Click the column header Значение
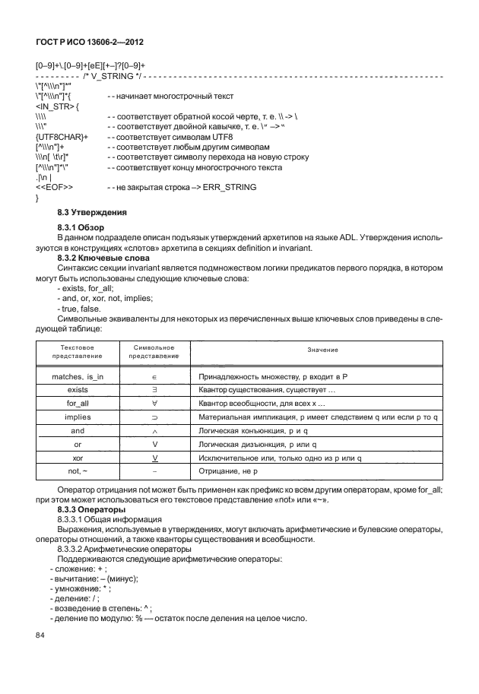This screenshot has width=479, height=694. [322, 349]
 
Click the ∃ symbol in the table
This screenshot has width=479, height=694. [154, 390]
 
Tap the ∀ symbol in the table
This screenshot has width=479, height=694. [154, 404]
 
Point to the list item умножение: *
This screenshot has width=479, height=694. [82, 588]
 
